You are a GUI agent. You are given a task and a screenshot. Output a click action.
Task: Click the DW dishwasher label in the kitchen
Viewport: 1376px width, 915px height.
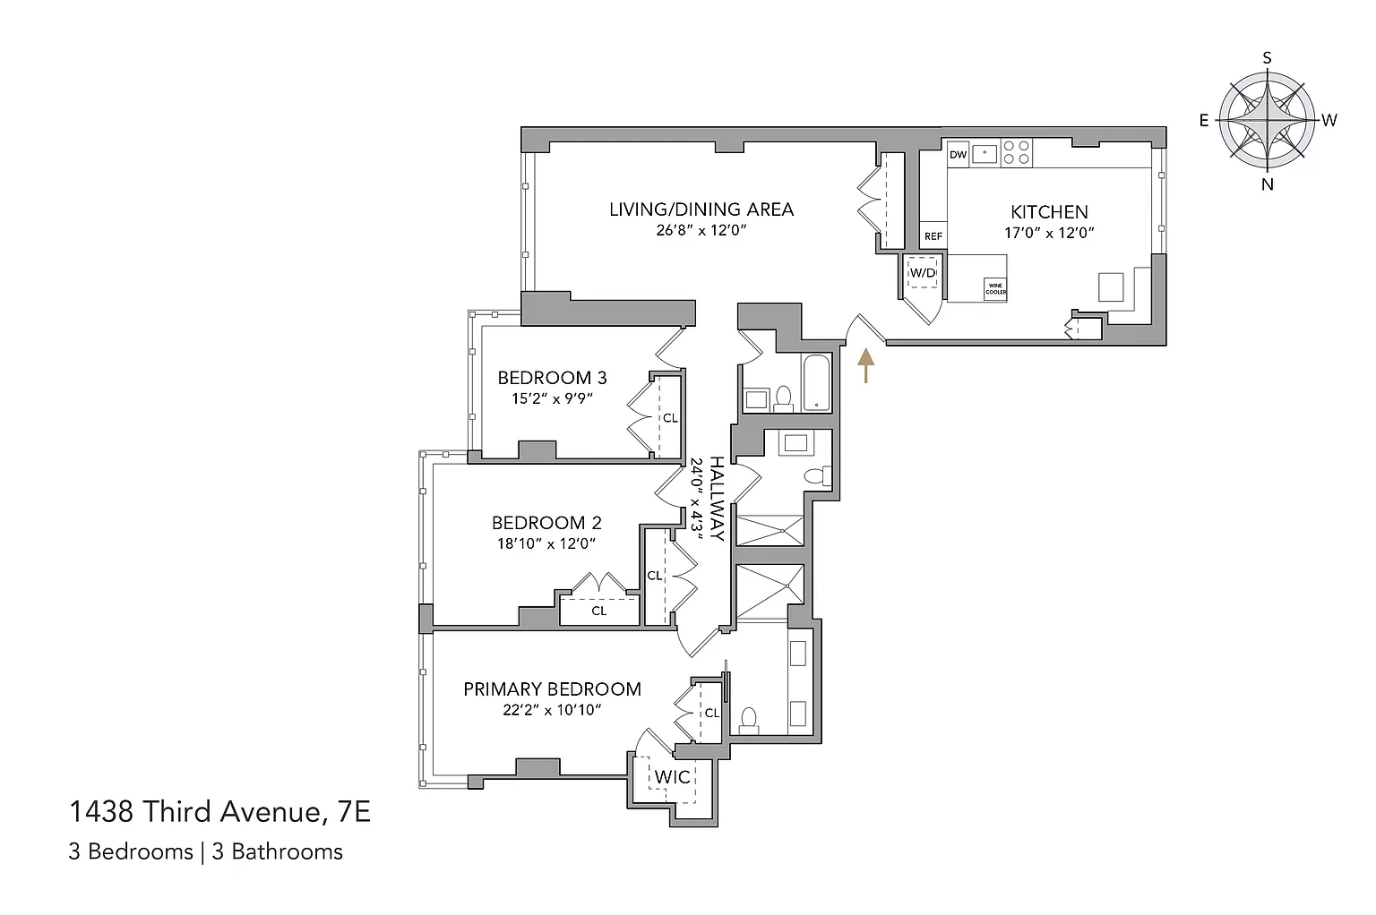tap(958, 155)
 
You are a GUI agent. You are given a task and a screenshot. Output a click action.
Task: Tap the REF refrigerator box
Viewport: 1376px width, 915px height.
tap(933, 235)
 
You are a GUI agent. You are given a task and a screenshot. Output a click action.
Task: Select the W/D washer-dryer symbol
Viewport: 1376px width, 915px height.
tap(923, 273)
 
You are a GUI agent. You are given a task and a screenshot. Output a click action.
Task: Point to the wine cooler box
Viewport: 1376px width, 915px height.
tap(996, 288)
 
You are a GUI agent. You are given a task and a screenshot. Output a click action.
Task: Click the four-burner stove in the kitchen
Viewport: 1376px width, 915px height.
tap(1016, 152)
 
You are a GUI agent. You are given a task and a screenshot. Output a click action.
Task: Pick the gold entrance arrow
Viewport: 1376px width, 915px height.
tap(865, 365)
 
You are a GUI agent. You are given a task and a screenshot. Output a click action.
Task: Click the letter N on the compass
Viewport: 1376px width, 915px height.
tap(1268, 184)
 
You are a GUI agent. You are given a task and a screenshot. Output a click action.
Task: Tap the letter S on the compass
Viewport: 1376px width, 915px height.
tap(1267, 57)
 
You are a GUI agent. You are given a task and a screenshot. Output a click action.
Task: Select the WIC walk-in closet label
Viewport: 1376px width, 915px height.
tap(672, 777)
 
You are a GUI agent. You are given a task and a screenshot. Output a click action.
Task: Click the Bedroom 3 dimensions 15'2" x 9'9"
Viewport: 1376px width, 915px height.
tap(552, 398)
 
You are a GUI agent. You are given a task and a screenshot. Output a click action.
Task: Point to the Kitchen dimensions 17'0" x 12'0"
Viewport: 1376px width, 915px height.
tap(1049, 233)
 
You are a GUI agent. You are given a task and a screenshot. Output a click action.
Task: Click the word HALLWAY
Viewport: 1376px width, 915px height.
tap(717, 498)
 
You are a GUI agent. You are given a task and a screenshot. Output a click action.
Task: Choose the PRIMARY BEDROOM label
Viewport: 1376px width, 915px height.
tap(552, 689)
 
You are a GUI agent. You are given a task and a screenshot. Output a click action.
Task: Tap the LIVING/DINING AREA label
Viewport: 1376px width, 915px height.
tap(701, 210)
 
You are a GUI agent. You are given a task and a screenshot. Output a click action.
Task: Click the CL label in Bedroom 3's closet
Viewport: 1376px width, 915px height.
tap(669, 417)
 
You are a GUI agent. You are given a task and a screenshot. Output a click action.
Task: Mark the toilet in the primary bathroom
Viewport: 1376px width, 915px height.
tap(748, 722)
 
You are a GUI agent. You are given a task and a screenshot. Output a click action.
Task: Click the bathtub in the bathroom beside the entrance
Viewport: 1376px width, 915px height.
tap(816, 382)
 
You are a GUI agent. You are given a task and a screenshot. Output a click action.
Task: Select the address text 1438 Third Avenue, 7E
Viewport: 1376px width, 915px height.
tap(219, 812)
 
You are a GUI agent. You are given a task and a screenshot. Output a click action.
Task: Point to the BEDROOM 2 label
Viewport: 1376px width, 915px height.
tap(546, 523)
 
